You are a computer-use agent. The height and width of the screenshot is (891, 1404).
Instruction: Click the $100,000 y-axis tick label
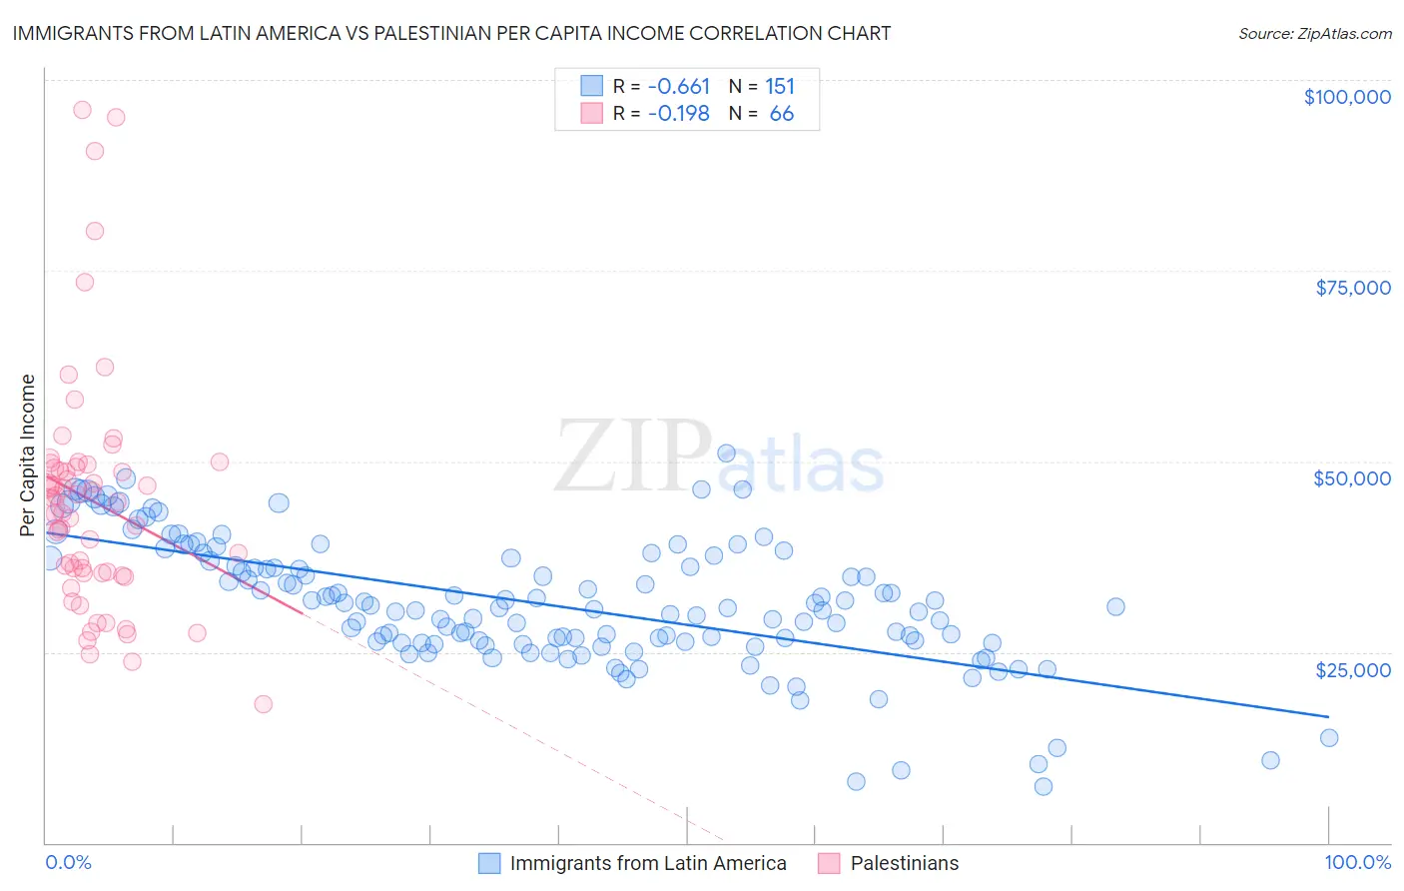click(1347, 97)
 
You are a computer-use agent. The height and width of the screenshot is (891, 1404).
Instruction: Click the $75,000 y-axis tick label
click(1353, 288)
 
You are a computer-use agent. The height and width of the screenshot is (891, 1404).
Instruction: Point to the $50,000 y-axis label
click(1352, 478)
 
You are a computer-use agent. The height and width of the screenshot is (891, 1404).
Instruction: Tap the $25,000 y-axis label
click(1353, 670)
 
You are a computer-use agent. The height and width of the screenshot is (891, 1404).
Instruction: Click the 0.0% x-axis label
click(68, 862)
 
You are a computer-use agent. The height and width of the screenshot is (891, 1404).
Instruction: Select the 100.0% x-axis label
click(1358, 862)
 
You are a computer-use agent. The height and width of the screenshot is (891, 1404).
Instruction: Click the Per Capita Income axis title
click(28, 454)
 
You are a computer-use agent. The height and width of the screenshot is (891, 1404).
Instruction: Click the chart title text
click(451, 33)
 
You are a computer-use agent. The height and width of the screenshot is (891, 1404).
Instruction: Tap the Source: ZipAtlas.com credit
click(1314, 33)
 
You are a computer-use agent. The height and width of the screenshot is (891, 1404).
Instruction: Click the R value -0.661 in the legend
click(679, 86)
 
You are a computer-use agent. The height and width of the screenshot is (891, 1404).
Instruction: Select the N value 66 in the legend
click(782, 114)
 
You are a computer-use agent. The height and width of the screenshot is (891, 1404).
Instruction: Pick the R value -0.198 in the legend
click(679, 114)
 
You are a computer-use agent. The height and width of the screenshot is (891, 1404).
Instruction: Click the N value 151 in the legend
click(780, 86)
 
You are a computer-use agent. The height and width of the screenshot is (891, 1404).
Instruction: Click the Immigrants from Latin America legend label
click(648, 863)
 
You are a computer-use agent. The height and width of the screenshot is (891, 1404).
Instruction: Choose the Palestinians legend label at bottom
click(905, 863)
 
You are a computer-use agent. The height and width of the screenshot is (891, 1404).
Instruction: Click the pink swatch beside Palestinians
click(829, 863)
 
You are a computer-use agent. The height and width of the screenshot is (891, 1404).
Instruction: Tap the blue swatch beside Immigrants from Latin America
click(489, 863)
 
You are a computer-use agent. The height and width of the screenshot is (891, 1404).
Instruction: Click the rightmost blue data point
click(1329, 738)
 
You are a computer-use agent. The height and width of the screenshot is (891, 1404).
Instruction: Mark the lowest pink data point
click(264, 704)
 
